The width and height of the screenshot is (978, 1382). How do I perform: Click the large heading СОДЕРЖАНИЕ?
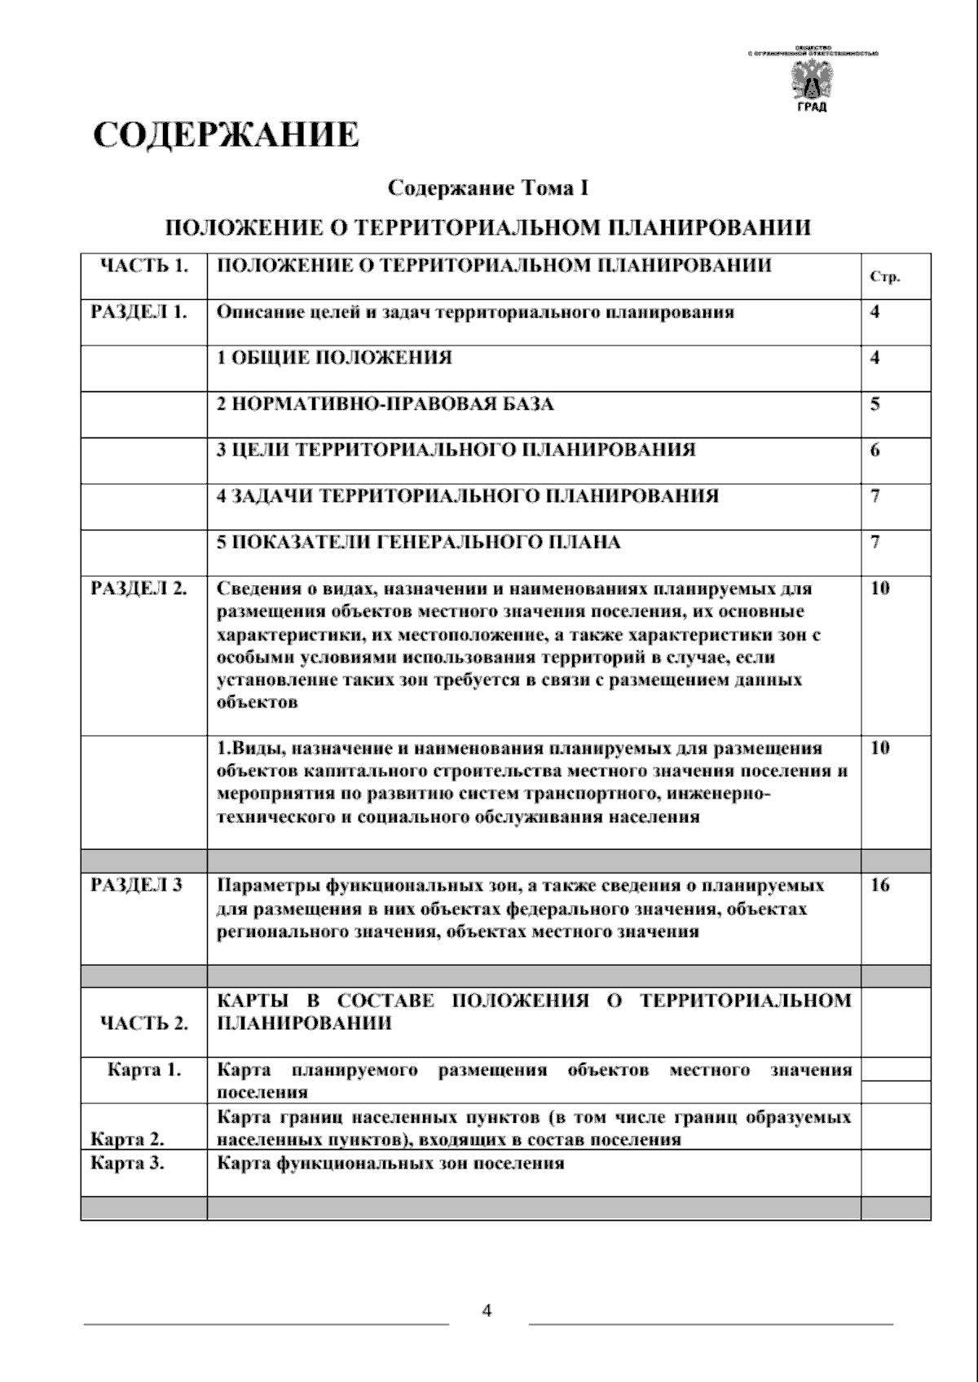point(226,134)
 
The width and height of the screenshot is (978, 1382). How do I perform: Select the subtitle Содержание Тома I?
point(487,189)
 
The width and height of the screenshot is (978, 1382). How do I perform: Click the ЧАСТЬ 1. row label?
point(143,266)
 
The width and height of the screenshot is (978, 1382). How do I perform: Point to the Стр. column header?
point(884,277)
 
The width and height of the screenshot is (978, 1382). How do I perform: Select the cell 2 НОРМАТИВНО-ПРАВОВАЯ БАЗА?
point(385,404)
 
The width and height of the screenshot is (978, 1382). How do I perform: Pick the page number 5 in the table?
point(875,404)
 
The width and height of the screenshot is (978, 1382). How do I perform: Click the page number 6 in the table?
point(875,450)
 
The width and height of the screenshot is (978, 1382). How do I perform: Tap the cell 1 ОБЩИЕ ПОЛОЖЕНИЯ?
point(334,358)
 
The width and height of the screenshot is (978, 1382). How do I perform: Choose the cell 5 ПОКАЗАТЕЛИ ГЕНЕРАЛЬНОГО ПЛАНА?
point(419,542)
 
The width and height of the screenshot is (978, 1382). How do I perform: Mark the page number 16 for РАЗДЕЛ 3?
point(879,885)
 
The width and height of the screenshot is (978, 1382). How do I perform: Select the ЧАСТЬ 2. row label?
point(143,1023)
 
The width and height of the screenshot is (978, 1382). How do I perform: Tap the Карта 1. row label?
point(144,1070)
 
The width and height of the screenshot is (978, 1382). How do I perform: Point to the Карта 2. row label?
point(126,1138)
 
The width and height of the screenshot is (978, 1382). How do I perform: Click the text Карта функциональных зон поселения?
point(390,1163)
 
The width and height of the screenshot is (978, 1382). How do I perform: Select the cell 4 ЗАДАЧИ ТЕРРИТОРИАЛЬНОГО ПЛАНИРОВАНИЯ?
point(468,496)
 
